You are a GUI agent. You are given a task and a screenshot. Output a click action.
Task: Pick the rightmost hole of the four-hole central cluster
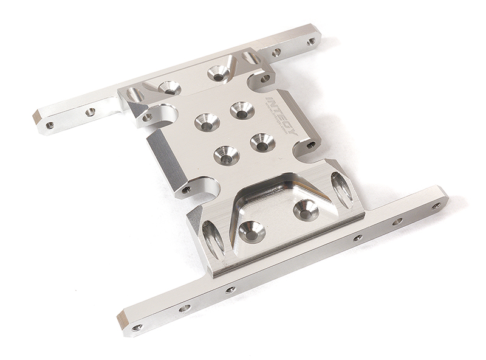coord(262,143)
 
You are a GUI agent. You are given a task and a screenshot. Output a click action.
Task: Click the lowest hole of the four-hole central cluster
coord(226,156)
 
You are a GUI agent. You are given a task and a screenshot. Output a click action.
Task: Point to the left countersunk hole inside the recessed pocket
coord(252,231)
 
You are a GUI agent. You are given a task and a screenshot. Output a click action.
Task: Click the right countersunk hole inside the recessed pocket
coord(306,210)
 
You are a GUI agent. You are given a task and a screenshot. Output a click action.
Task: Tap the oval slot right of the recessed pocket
coord(341,190)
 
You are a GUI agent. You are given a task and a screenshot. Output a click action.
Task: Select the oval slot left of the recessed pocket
coord(213,238)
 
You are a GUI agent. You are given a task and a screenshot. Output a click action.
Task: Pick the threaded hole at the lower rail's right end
coord(436,206)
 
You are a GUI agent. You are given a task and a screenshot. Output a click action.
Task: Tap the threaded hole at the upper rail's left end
coord(50,125)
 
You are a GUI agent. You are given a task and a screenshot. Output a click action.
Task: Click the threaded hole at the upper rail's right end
coord(311,41)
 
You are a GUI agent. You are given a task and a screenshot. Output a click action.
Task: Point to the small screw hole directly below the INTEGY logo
coord(311,145)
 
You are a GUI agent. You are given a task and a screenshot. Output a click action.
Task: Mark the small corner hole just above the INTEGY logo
coord(265,78)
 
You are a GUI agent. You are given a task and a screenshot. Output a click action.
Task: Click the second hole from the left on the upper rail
coord(90,112)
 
